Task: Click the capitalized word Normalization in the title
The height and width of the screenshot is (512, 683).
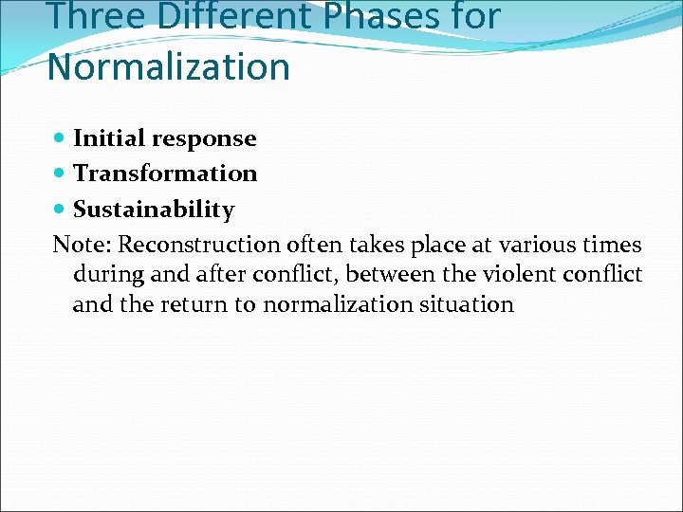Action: click(x=168, y=67)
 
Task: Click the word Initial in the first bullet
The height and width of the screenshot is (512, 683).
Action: click(x=105, y=138)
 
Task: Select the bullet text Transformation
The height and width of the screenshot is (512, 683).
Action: click(x=165, y=174)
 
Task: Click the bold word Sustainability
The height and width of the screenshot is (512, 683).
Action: click(x=154, y=209)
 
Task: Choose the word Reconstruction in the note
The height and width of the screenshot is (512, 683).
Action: click(x=198, y=245)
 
